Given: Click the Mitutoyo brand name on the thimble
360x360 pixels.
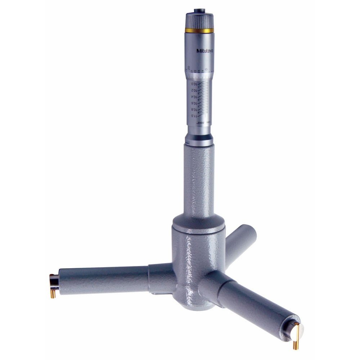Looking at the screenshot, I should [x=204, y=51].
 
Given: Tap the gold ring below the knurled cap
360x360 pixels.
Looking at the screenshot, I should [x=199, y=31].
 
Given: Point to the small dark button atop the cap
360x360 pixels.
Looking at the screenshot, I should [x=199, y=11].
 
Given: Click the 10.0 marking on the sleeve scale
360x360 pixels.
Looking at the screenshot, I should [x=194, y=84].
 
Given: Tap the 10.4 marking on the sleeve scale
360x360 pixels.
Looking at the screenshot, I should [x=194, y=97].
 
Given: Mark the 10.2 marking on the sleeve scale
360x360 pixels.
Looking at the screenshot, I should [x=194, y=90].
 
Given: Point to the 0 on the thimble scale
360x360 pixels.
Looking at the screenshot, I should [x=206, y=69].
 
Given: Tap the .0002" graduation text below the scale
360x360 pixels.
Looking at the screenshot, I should [x=199, y=123].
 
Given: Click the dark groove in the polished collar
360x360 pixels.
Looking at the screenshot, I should [x=199, y=138].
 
